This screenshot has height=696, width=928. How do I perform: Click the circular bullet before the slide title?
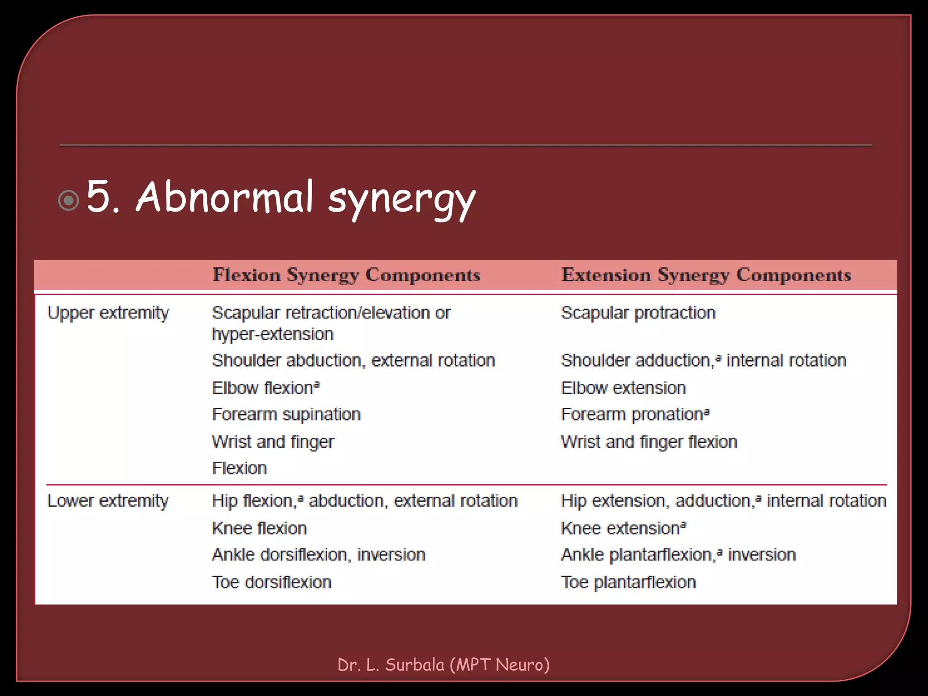coord(69,200)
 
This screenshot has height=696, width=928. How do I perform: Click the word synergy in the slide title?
coord(401,199)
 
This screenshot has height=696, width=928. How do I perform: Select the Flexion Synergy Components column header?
coord(347,275)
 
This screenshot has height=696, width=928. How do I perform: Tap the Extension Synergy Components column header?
coord(706,275)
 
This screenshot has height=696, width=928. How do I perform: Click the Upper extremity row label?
coord(108,313)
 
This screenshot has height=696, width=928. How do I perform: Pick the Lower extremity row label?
coord(108,501)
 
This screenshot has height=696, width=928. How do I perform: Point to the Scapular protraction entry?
coord(638,313)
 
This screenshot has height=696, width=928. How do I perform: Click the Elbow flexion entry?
coord(266,388)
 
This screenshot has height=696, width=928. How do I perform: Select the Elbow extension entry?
coord(623,388)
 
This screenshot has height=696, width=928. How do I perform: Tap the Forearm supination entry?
coord(286,415)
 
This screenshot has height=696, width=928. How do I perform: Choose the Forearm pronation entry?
coord(635,415)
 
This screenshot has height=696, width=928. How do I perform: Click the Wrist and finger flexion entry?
coord(649,442)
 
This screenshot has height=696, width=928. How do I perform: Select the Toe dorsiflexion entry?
coord(272,582)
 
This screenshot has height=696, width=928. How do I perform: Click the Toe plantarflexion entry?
coord(628,582)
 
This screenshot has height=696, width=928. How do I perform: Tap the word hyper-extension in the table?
coord(273,334)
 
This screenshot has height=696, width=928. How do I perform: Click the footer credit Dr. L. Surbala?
coord(443,665)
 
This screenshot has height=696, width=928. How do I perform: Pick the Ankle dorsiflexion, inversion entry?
coord(319,555)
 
